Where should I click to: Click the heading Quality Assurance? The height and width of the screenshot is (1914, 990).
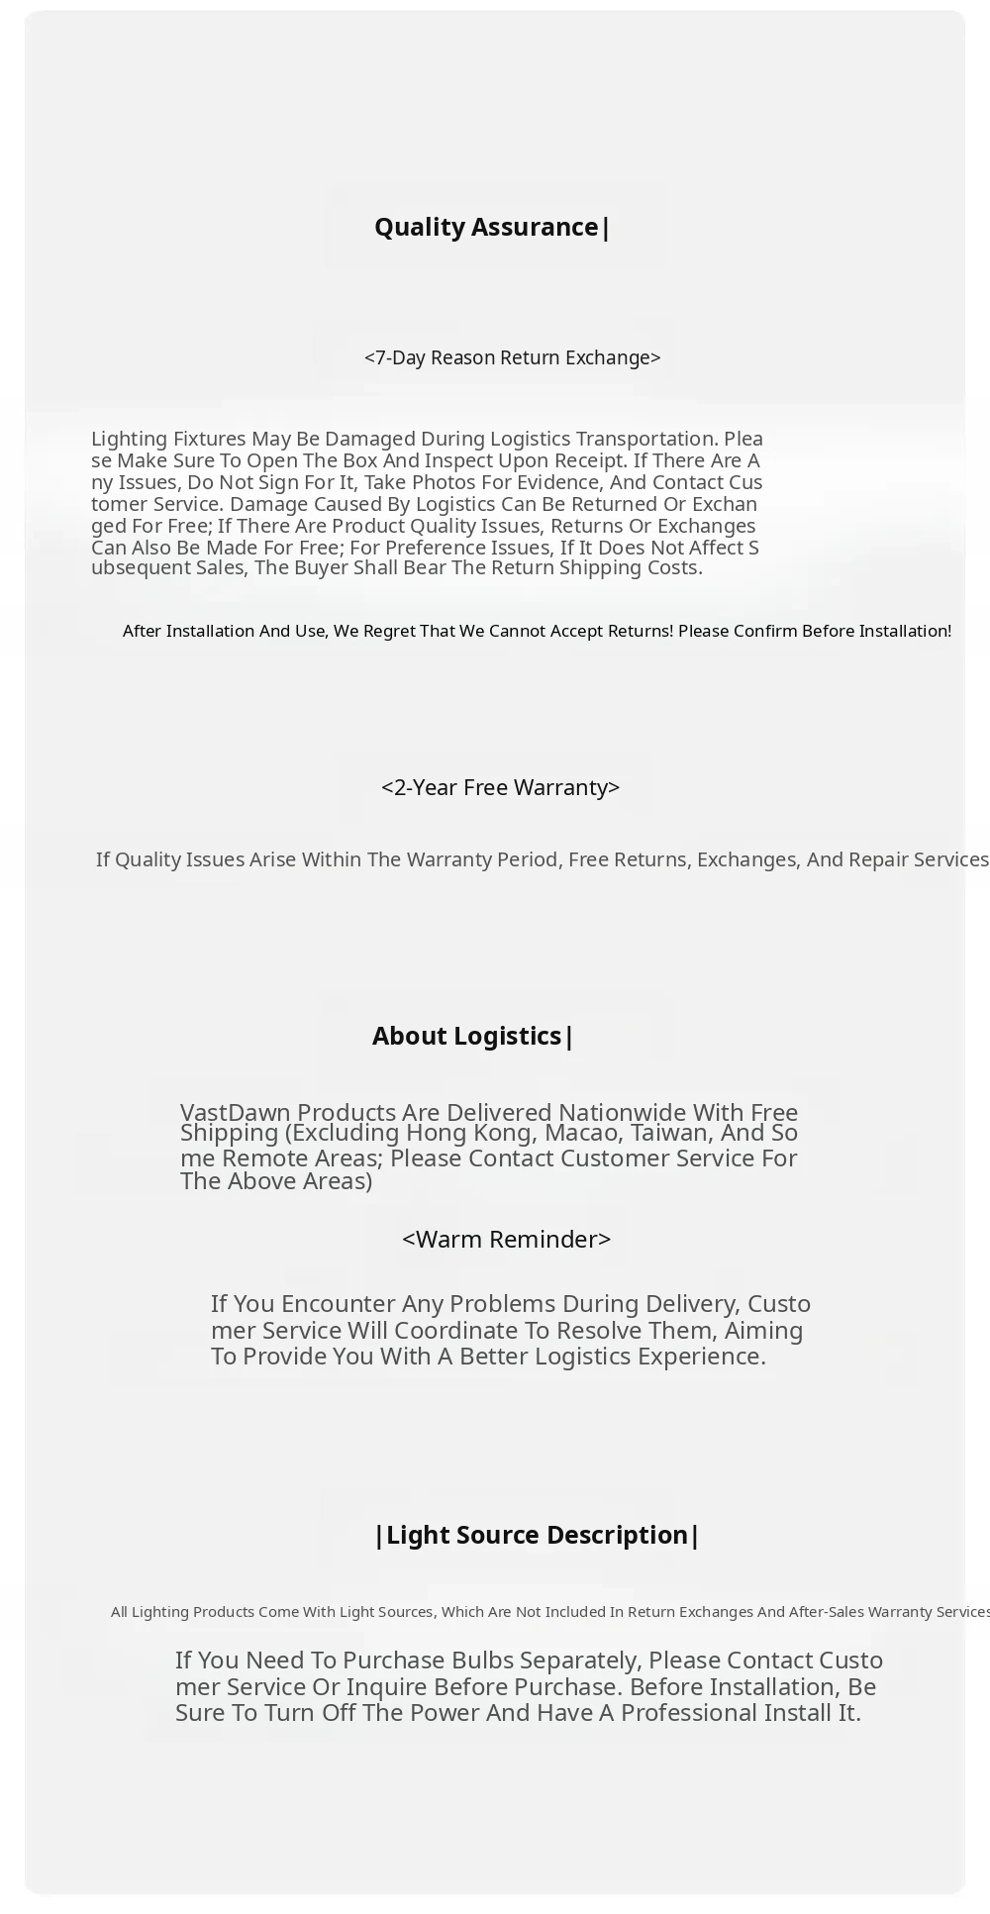(492, 228)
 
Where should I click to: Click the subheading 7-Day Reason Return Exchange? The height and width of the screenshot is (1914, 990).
(512, 357)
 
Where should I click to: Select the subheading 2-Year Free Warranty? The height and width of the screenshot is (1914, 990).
(500, 787)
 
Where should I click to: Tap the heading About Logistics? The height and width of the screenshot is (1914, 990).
(472, 1036)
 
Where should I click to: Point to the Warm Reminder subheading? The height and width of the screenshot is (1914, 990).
(506, 1240)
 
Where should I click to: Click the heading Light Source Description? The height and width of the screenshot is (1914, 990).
(537, 1535)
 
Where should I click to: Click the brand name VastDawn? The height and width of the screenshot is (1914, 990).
(235, 1112)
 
